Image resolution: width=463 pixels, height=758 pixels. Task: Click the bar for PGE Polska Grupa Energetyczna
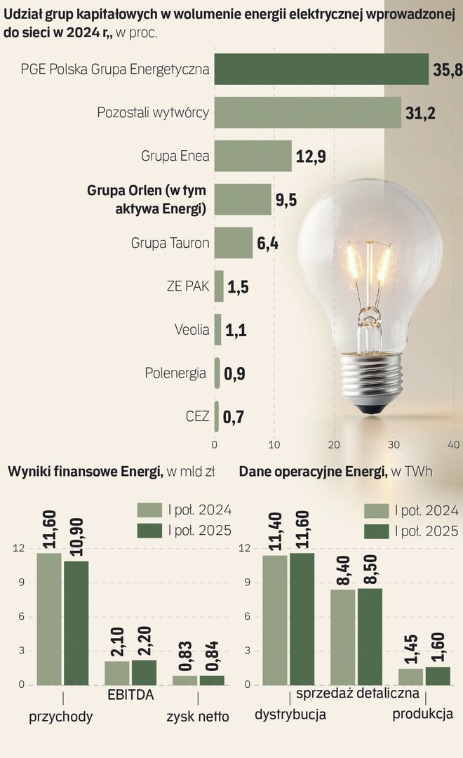coord(321,69)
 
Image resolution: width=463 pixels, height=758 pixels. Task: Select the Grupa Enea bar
coord(253,156)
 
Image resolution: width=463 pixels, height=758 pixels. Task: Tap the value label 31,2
coord(420,113)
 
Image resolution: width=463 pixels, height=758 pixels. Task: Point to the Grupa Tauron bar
coord(234,243)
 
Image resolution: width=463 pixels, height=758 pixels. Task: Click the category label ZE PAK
coord(188,286)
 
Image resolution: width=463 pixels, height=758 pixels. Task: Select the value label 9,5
coord(286,200)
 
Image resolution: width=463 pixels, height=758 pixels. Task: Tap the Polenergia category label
coord(175,373)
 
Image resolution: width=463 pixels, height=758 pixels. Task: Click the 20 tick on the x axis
coord(335,444)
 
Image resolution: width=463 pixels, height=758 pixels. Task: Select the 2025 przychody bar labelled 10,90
coord(76,623)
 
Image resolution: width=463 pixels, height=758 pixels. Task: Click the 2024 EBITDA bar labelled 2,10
coord(117,672)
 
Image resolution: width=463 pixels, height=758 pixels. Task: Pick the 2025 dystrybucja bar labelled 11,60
coord(302,618)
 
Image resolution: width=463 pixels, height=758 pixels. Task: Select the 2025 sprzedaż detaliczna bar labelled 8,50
coord(370,636)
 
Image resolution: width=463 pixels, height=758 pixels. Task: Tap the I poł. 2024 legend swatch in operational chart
coord(376,510)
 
